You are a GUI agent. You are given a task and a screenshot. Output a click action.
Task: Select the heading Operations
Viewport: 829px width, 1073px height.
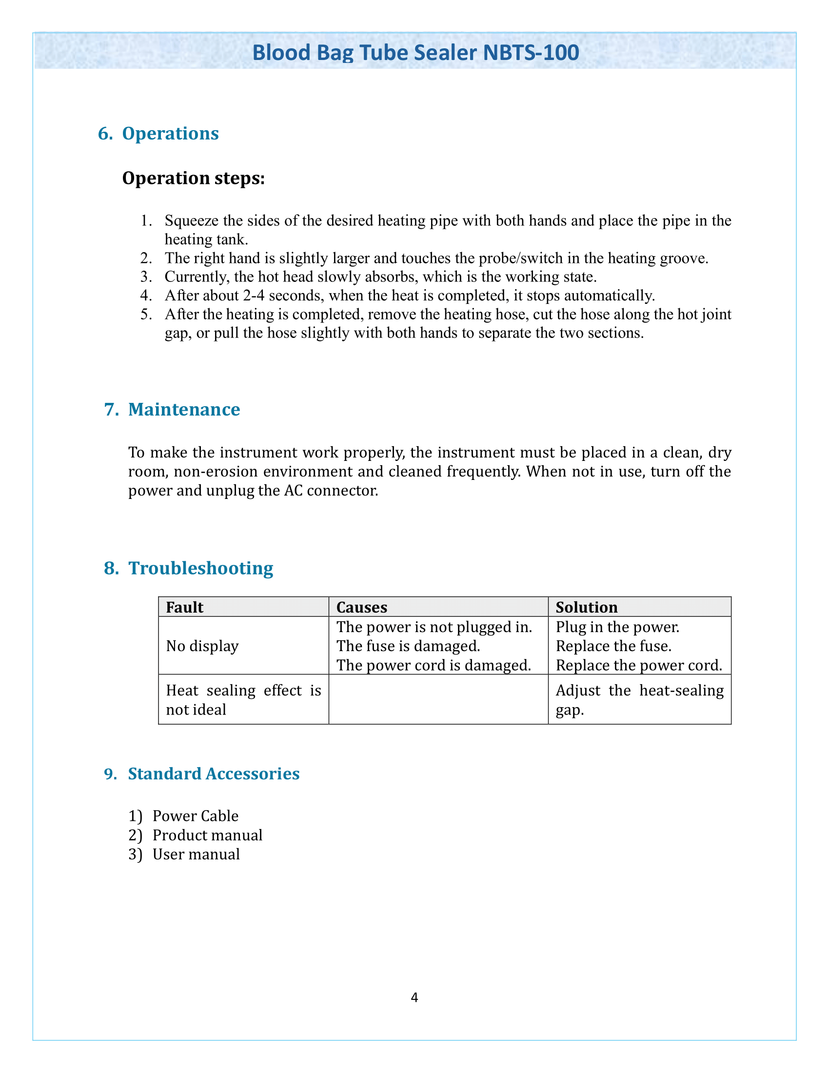[170, 134]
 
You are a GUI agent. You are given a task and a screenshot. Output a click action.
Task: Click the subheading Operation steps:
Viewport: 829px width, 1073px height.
[193, 178]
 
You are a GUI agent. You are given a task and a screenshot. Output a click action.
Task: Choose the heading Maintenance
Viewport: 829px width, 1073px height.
[184, 409]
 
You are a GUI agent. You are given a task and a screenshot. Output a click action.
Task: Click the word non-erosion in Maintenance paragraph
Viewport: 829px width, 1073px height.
[214, 471]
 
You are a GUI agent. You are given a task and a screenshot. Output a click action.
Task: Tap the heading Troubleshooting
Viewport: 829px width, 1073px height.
[200, 568]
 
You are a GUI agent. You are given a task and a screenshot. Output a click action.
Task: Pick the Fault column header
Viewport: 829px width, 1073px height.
[185, 607]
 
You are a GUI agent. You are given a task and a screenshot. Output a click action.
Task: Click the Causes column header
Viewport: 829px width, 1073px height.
[361, 607]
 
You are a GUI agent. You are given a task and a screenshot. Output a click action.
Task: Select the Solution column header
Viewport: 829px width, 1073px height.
[586, 607]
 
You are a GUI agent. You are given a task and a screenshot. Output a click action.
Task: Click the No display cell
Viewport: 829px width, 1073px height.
[202, 646]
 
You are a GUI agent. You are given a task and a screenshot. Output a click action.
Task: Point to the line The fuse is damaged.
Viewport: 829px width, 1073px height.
[408, 646]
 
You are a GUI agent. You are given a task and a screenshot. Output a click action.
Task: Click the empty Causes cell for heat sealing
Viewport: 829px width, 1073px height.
[438, 699]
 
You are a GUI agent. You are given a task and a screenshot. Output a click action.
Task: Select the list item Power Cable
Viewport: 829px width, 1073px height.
[195, 815]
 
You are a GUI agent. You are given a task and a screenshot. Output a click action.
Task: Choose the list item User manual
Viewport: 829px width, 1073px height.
[196, 854]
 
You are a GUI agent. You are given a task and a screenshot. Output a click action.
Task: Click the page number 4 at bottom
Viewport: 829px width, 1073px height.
[414, 997]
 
